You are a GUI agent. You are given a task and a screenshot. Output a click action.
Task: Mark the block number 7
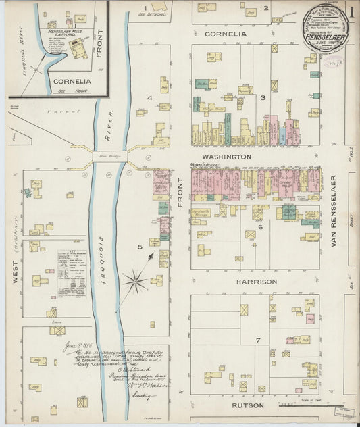coord(257,339)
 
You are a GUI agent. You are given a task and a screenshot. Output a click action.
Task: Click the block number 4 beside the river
coord(149,98)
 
